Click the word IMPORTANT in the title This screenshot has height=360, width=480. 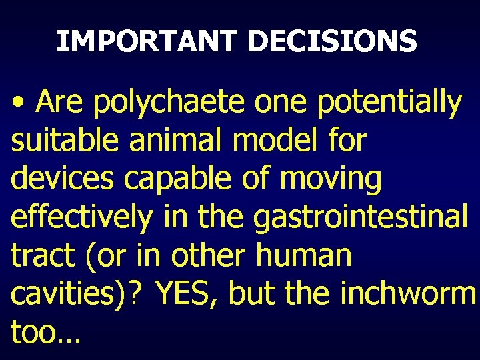pyautogui.click(x=147, y=41)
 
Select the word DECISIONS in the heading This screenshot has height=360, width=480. pyautogui.click(x=331, y=41)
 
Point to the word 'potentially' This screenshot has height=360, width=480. pyautogui.click(x=389, y=103)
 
